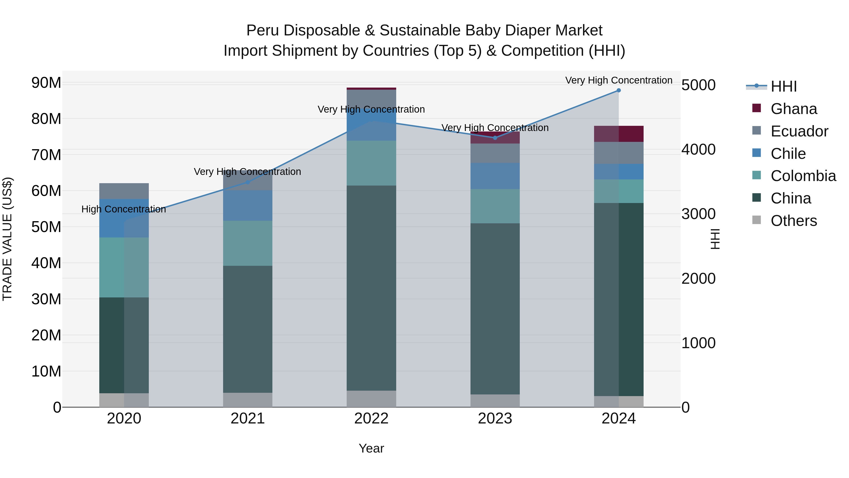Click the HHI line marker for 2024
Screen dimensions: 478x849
(x=619, y=90)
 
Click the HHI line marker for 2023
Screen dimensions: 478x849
(x=495, y=138)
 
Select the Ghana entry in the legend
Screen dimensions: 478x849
(x=794, y=109)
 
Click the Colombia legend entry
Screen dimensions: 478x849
(x=803, y=176)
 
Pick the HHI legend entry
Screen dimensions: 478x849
(x=783, y=86)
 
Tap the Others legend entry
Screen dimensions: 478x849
(x=794, y=221)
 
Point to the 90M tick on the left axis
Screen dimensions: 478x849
(x=46, y=82)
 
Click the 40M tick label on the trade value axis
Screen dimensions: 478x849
(x=46, y=263)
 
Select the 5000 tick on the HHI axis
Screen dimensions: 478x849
(x=698, y=85)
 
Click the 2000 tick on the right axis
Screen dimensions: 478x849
(x=698, y=279)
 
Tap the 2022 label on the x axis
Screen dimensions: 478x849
(x=371, y=419)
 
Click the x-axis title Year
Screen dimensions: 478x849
(x=371, y=448)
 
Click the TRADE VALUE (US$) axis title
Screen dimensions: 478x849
(x=7, y=239)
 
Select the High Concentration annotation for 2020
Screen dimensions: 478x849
(x=124, y=209)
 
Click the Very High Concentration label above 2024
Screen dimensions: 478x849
(x=619, y=80)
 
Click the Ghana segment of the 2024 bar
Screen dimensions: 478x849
(x=619, y=134)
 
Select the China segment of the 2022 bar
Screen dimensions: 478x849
(x=371, y=288)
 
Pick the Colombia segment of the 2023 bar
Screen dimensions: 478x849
(x=495, y=206)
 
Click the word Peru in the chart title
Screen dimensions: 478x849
(x=262, y=31)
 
